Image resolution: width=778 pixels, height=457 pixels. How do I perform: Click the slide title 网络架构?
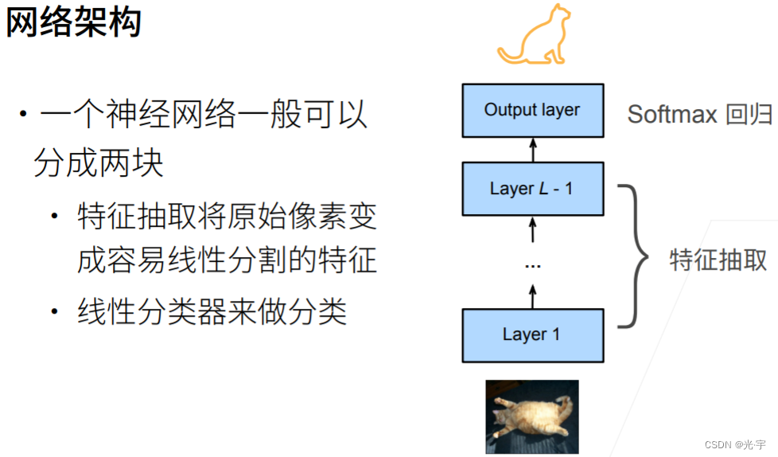73,23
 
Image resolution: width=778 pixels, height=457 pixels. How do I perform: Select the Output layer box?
532,110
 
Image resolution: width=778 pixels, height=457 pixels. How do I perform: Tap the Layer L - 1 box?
532,189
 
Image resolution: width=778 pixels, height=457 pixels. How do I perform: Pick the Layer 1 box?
532,334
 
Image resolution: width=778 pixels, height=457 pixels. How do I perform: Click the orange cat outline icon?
535,35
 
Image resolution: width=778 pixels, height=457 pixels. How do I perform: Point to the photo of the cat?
532,416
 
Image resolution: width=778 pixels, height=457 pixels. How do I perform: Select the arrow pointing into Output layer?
533,149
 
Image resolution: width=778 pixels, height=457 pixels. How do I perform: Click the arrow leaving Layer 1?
533,295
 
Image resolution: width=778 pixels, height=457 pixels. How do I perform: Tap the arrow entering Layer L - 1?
533,232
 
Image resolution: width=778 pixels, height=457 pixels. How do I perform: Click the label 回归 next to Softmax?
749,115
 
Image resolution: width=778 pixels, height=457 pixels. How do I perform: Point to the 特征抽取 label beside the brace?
718,260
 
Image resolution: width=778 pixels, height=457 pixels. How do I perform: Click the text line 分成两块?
99,163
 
